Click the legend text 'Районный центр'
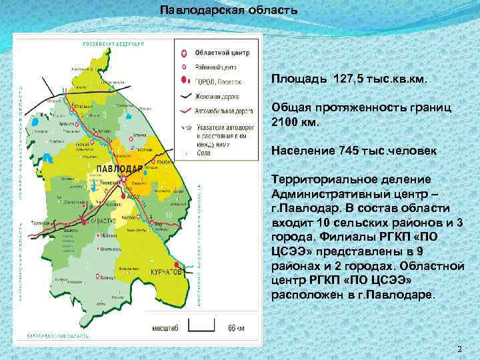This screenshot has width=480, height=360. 215,67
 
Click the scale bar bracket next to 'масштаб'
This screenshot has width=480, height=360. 201,327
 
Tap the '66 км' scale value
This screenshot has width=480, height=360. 236,328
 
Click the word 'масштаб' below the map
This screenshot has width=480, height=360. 165,328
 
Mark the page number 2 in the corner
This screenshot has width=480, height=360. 459,349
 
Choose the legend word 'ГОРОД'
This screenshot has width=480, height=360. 204,81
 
